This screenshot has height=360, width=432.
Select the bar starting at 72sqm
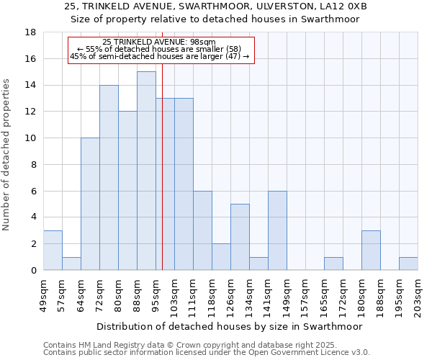pos(109,177)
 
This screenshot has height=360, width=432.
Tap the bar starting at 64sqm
pos(90,204)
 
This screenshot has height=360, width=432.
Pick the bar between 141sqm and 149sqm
pos(277,230)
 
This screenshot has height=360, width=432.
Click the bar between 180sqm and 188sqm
pos(371,250)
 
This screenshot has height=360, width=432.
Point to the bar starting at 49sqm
pos(53,250)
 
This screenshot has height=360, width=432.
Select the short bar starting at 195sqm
pos(408,264)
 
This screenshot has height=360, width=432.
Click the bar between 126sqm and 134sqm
pos(240,237)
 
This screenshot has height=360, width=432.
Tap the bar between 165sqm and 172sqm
pos(333,264)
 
